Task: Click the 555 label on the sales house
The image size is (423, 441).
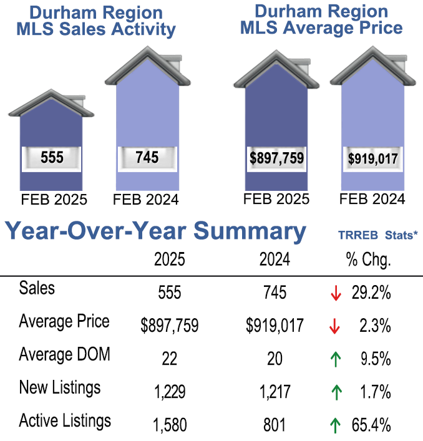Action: [x=52, y=158]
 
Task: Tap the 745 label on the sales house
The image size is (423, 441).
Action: [x=147, y=157]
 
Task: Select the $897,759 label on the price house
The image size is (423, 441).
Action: [x=276, y=158]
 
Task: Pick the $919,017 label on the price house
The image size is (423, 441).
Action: [x=373, y=159]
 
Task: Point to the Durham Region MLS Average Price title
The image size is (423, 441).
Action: [x=321, y=20]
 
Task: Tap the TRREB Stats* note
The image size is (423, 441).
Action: [x=376, y=235]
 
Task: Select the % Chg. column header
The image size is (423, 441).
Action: [x=368, y=260]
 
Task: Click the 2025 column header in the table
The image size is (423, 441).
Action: [x=170, y=260]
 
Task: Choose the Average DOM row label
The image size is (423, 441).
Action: [x=65, y=355]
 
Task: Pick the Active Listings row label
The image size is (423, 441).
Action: [x=65, y=420]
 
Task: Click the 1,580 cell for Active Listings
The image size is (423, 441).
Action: [x=170, y=425]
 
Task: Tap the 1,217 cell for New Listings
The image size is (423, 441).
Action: [x=275, y=392]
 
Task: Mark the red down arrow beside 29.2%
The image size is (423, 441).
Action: [x=336, y=293]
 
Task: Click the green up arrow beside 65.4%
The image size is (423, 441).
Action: [x=336, y=425]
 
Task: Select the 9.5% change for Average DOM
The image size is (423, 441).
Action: [x=375, y=359]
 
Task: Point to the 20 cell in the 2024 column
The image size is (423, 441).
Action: [x=275, y=359]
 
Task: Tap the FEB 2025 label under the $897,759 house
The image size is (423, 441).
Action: [x=276, y=200]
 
